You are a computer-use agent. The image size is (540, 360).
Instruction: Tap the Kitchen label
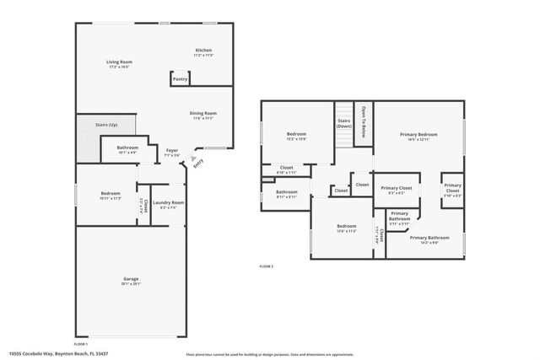click(x=203, y=51)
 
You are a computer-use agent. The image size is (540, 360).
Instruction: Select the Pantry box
click(x=180, y=78)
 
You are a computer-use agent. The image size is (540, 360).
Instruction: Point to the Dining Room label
click(x=203, y=113)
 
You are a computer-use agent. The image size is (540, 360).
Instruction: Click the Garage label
click(x=132, y=279)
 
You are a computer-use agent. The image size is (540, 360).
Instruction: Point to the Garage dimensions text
click(x=132, y=284)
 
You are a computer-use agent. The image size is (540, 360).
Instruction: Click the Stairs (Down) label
click(x=344, y=123)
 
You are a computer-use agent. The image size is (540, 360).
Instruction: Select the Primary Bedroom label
click(x=418, y=134)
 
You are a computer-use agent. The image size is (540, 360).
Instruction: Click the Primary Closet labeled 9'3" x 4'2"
click(x=396, y=188)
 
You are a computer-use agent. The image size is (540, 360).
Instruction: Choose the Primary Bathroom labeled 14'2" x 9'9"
click(x=429, y=238)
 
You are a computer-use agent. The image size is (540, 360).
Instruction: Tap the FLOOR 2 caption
click(x=266, y=266)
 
